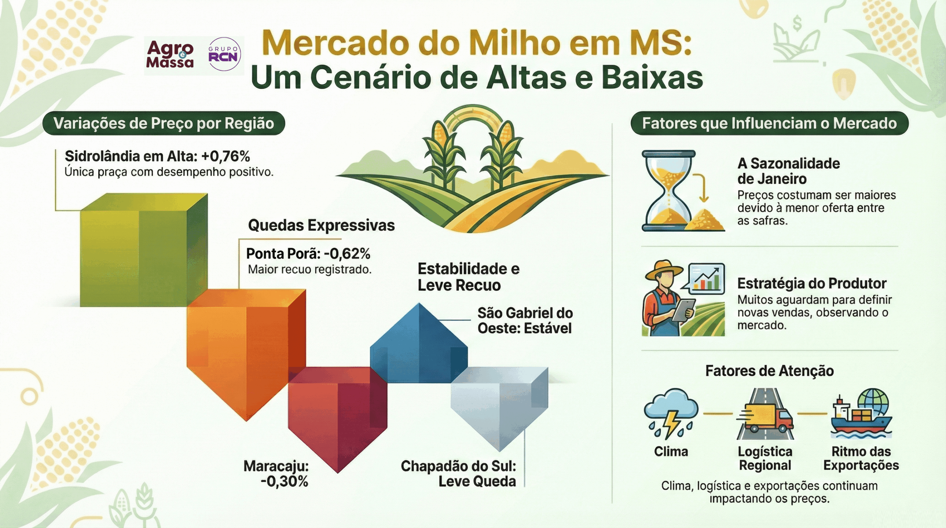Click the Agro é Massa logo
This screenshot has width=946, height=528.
click(170, 54)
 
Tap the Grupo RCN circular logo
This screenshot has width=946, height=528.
click(224, 54)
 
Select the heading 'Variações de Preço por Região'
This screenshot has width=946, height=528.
click(164, 123)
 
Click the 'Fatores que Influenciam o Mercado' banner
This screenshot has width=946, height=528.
click(769, 123)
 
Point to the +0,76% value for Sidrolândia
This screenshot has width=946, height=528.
click(225, 156)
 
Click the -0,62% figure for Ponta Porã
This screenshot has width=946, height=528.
click(347, 253)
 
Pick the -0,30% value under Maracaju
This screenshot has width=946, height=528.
click(284, 481)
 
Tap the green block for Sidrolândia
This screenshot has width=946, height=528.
click(144, 250)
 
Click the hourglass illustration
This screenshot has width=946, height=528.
click(669, 191)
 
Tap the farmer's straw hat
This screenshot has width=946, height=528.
click(664, 271)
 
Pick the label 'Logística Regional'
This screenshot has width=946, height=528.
click(765, 459)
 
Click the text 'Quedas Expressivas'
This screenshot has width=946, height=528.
click(321, 225)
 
